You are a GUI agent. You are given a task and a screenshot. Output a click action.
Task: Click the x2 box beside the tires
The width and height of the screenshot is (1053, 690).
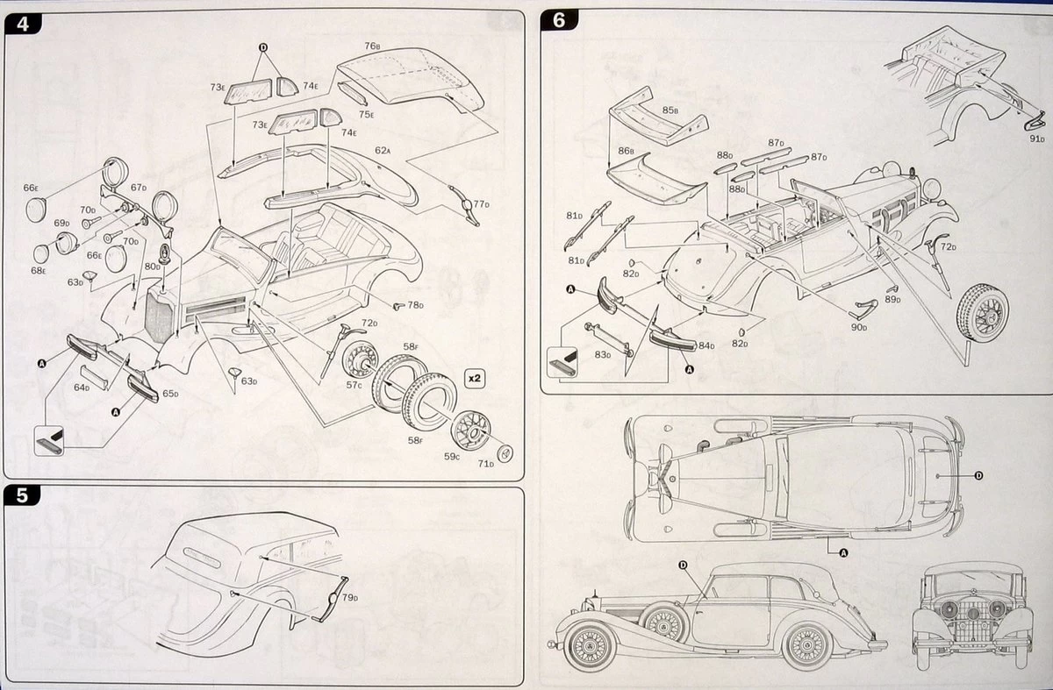[x=473, y=379]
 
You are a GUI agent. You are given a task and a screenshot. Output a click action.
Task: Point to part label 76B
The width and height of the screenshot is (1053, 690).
[x=372, y=46]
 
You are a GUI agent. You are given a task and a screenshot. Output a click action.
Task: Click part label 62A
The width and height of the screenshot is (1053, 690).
[x=383, y=150]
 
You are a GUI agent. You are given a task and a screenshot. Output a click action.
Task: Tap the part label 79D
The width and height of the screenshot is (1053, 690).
[x=350, y=598]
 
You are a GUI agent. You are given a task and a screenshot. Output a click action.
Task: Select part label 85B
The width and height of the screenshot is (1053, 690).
[x=671, y=110]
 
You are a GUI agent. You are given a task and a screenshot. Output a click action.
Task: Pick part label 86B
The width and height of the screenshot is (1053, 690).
[x=626, y=151]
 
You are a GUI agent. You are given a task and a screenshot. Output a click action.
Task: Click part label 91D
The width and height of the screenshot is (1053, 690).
[x=1037, y=138]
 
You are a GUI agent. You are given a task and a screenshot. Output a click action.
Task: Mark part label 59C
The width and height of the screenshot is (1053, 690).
[x=452, y=455]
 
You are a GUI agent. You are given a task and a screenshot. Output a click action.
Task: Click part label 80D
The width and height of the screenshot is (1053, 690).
[x=152, y=266]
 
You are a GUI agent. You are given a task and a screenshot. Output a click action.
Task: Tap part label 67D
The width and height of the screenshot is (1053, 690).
[x=139, y=188]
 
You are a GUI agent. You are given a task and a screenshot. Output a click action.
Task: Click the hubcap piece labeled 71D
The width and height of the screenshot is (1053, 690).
[x=505, y=452]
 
